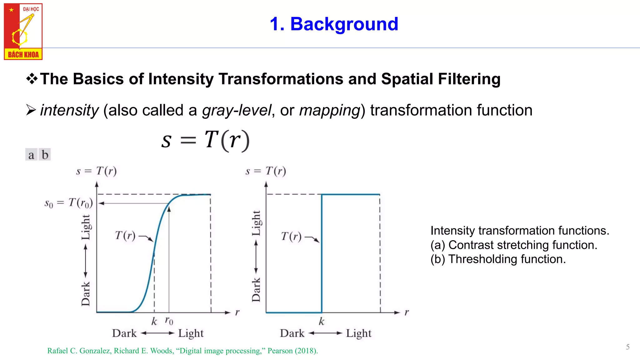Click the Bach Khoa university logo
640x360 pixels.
tap(23, 31)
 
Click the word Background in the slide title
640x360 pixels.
tap(344, 24)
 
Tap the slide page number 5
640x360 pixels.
tap(627, 347)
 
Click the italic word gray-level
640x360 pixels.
tap(237, 110)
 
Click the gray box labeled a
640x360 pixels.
tap(31, 155)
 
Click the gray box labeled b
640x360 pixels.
tap(45, 155)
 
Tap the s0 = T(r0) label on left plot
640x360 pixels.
tap(69, 203)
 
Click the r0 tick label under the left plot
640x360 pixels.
tap(169, 321)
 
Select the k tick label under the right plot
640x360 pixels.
tap(322, 321)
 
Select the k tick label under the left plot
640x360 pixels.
tap(154, 321)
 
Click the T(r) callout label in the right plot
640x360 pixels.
tap(291, 236)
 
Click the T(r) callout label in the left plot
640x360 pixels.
tap(125, 235)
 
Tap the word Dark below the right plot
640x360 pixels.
tap(292, 333)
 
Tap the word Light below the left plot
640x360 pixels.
tap(191, 333)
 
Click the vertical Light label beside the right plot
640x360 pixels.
tap(256, 223)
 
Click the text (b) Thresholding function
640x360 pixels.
tap(498, 259)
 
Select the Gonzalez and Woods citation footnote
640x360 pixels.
tap(182, 351)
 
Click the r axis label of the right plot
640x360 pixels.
tap(407, 312)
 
